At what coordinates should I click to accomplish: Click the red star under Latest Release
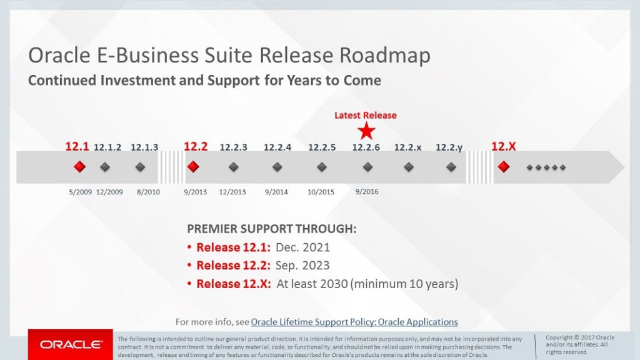[x=367, y=131]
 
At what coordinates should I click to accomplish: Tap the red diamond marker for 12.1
[x=79, y=167]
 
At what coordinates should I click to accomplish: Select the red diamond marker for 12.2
[x=193, y=167]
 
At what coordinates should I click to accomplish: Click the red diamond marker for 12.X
[x=503, y=167]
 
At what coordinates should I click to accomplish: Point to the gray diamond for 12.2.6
[x=367, y=167]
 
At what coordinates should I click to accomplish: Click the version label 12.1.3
[x=144, y=147]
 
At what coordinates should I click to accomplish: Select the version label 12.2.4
[x=277, y=147]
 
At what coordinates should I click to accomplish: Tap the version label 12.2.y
[x=449, y=147]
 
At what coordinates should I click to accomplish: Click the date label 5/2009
[x=80, y=192]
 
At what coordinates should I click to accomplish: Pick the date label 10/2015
[x=321, y=192]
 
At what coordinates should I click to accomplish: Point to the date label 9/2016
[x=366, y=191]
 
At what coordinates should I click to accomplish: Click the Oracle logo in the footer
[x=71, y=344]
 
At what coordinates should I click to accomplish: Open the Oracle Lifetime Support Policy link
[x=354, y=322]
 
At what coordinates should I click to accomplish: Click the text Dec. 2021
[x=302, y=247]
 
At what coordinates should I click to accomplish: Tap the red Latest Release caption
[x=366, y=115]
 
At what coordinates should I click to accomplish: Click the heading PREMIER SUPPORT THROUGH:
[x=272, y=229]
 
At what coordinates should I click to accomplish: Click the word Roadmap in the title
[x=385, y=56]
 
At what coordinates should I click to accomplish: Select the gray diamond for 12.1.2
[x=105, y=167]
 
